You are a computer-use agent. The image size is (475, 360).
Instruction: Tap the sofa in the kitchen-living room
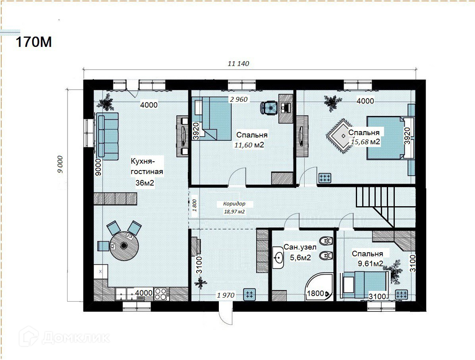(107, 136)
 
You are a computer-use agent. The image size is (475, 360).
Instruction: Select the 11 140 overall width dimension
(238, 64)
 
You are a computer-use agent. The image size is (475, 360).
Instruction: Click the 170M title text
(34, 42)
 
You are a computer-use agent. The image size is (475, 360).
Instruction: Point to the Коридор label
(234, 204)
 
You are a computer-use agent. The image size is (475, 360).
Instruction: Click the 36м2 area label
(145, 183)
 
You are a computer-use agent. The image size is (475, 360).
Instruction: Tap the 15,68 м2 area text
(365, 141)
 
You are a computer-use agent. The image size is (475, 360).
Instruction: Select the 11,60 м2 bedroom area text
(249, 145)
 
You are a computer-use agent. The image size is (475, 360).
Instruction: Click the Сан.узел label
(300, 247)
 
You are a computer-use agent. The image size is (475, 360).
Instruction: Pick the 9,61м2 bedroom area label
(371, 263)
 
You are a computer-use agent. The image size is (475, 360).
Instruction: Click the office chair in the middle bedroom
(269, 108)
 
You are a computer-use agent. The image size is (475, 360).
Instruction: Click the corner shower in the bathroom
(319, 286)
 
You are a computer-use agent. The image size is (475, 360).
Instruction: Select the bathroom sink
(278, 257)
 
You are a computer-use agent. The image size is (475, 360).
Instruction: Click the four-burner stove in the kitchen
(162, 294)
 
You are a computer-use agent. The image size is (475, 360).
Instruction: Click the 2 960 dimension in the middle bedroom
(239, 99)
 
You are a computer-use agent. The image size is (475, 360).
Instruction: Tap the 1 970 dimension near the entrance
(226, 295)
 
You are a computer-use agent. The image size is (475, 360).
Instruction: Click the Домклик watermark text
(76, 337)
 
